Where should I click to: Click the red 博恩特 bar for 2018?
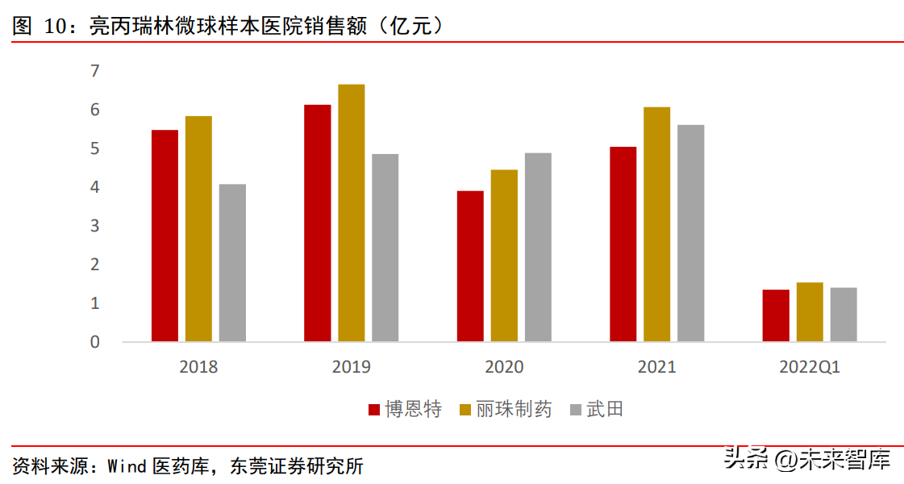coord(165,236)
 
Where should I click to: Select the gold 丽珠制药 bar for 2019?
coord(351,213)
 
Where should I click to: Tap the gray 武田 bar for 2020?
coord(538,247)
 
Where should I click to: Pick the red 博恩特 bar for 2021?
coord(623,244)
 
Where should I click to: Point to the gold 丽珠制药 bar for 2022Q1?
coord(810,311)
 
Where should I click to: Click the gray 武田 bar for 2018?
coord(232,262)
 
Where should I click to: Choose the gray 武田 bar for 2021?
coord(690,233)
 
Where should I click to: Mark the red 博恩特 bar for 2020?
coord(470,266)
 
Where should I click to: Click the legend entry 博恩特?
coord(405,410)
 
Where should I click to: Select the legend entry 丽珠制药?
coord(505,410)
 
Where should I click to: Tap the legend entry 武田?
coord(597,410)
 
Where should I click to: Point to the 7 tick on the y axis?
coord(95,71)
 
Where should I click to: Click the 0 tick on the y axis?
coord(95,342)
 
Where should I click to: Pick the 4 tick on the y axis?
coord(95,187)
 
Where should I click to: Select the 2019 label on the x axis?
coord(351,367)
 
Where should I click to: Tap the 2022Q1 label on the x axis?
coord(810,367)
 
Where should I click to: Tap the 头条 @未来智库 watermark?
coord(806,460)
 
